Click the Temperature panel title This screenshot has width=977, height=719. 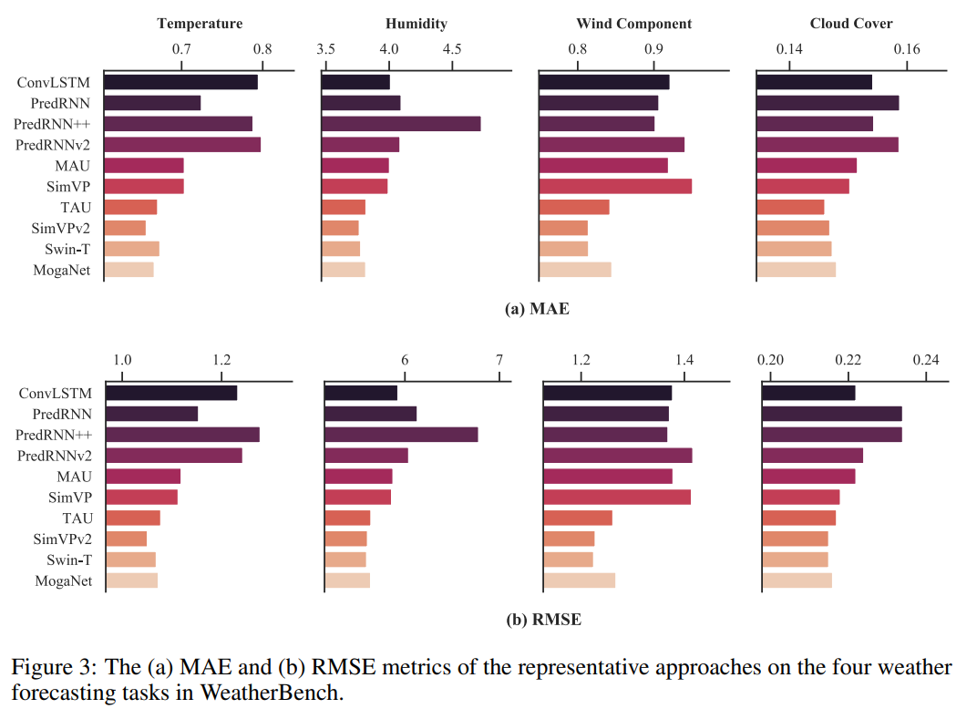pyautogui.click(x=200, y=24)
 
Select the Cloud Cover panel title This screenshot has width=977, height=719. pyautogui.click(x=851, y=24)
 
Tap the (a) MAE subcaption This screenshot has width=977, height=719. pyautogui.click(x=537, y=309)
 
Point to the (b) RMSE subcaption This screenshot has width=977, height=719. pyautogui.click(x=543, y=620)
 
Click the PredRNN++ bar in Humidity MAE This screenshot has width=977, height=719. pyautogui.click(x=401, y=124)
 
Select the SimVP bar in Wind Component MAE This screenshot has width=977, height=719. pyautogui.click(x=615, y=187)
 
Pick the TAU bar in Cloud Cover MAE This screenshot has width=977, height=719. pyautogui.click(x=790, y=208)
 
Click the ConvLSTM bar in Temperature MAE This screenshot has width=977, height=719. pyautogui.click(x=180, y=82)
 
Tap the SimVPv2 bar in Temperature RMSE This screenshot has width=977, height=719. pyautogui.click(x=127, y=539)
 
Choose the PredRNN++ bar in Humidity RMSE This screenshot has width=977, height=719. pyautogui.click(x=401, y=435)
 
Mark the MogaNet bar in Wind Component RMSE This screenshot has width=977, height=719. pyautogui.click(x=580, y=580)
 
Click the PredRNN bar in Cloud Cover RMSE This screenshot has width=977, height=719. pyautogui.click(x=831, y=414)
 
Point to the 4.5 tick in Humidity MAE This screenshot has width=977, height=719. pyautogui.click(x=452, y=48)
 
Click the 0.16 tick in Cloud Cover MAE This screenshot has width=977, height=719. pyautogui.click(x=907, y=48)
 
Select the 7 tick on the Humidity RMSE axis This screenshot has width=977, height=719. pyautogui.click(x=499, y=360)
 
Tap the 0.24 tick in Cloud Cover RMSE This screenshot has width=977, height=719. pyautogui.click(x=926, y=360)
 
